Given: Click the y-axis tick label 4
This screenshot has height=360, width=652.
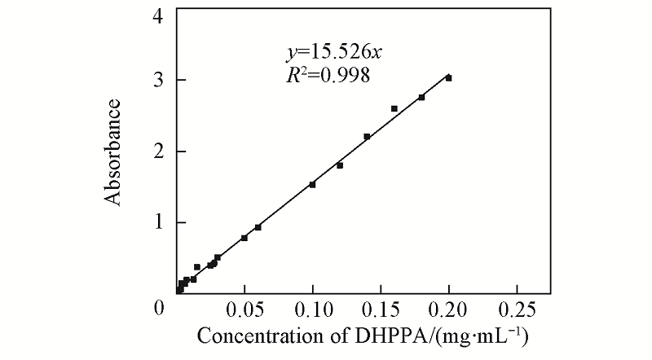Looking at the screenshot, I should click(157, 15).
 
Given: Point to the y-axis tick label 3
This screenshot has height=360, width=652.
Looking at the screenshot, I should click(157, 80).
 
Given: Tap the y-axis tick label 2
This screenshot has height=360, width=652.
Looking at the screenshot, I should click(157, 151).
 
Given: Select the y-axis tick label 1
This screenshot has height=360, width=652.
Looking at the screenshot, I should click(157, 222).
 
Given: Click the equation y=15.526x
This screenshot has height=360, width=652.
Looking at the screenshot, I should click(333, 53).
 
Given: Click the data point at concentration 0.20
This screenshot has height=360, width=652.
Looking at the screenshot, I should click(448, 78).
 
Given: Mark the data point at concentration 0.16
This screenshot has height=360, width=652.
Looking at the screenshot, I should click(394, 108).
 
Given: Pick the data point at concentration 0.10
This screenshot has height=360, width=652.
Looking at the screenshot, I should click(312, 184).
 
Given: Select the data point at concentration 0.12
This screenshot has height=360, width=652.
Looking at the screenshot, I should click(340, 165).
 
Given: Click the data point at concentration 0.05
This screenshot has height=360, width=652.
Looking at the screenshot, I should click(244, 238).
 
